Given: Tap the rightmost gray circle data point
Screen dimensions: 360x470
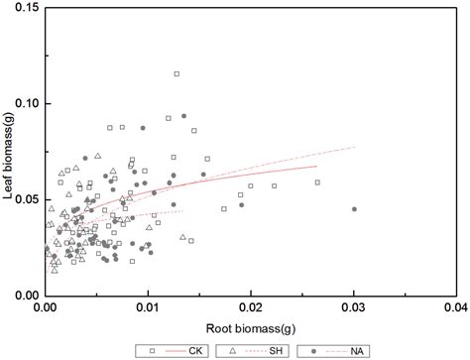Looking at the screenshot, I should click(354, 209).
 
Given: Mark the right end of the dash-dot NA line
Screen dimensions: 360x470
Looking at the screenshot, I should click(354, 147).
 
